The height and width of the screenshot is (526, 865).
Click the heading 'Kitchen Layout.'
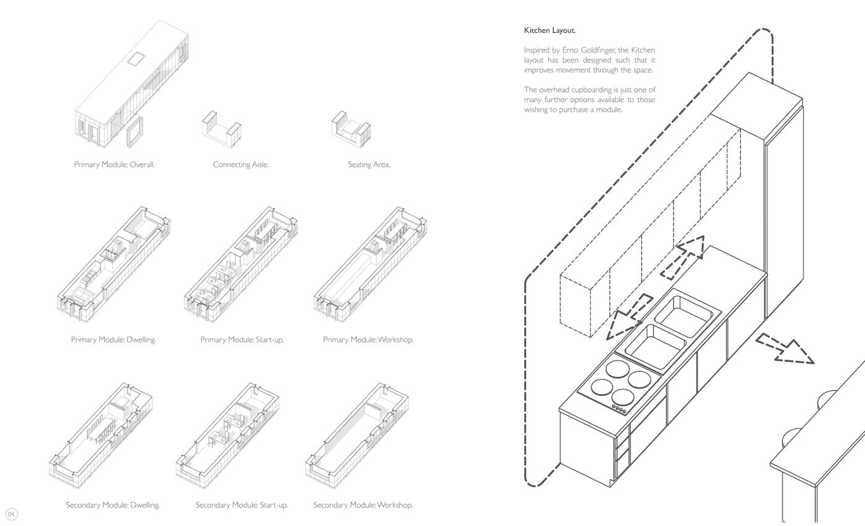pos(550,30)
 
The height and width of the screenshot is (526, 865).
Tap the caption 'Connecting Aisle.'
pos(240,164)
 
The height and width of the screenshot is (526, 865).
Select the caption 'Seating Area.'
pos(369,164)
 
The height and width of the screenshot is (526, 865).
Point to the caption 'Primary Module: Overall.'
pos(114,164)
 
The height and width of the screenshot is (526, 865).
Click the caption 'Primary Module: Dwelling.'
pos(113,339)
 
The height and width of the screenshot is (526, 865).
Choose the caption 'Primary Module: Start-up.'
pos(242,339)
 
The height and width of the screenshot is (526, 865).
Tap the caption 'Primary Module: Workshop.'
pos(368,339)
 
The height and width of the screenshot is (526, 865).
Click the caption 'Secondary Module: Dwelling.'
pos(112,505)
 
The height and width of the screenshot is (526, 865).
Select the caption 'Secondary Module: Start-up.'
pos(242,505)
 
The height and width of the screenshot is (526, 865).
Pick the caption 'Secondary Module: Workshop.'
pos(363,505)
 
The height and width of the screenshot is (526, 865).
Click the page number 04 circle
pos(12,514)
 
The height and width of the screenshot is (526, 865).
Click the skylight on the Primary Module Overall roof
pos(136,59)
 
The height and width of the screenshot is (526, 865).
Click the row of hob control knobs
pos(619,409)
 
